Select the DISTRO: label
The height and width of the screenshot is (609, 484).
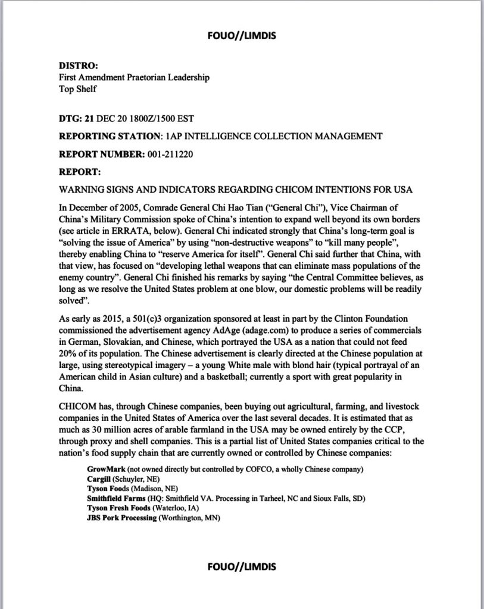[78, 66]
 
